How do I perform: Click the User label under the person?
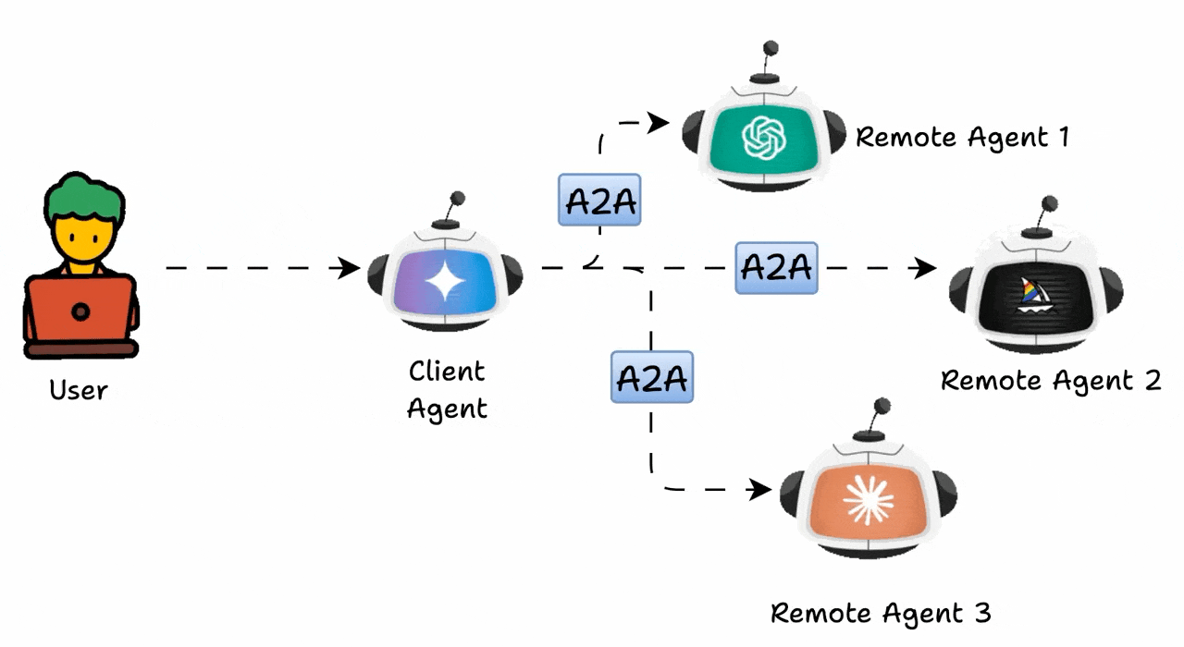coord(79,390)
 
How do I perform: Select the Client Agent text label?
coord(447,389)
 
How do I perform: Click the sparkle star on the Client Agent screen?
coord(444,279)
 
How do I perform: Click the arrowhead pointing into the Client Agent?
coord(351,269)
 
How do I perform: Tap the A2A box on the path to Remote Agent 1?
coord(599,201)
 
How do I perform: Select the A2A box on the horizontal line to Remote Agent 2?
coord(776,267)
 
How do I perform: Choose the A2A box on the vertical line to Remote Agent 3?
coord(652,377)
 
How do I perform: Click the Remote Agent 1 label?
coord(962,138)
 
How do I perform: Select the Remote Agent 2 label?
coord(1050,380)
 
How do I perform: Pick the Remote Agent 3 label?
coord(881,613)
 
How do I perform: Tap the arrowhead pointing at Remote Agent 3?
coord(761,489)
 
